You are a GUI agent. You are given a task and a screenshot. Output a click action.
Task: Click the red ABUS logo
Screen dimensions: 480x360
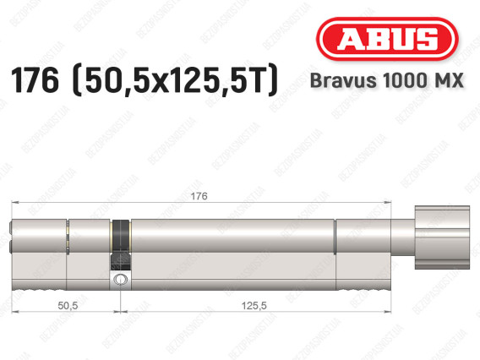pos(387,39)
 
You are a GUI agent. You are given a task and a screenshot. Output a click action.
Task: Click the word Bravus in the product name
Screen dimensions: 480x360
pos(343,80)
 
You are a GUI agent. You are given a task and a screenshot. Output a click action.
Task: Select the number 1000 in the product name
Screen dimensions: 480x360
pos(405,80)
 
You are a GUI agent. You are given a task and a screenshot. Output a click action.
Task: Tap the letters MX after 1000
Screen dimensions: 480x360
pos(448,80)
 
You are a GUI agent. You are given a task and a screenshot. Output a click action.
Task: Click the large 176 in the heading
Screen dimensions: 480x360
pos(35,80)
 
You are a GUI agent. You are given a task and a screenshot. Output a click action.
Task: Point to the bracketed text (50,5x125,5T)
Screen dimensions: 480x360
pos(175,80)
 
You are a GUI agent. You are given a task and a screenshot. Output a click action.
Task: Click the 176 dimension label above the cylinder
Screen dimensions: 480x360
pos(199,196)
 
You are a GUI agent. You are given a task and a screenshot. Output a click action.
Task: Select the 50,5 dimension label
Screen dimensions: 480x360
pos(68,305)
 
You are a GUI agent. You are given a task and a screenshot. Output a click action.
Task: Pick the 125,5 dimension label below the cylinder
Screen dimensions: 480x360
pos(254,305)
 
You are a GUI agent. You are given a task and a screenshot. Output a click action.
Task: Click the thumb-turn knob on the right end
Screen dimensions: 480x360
pos(442,237)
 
